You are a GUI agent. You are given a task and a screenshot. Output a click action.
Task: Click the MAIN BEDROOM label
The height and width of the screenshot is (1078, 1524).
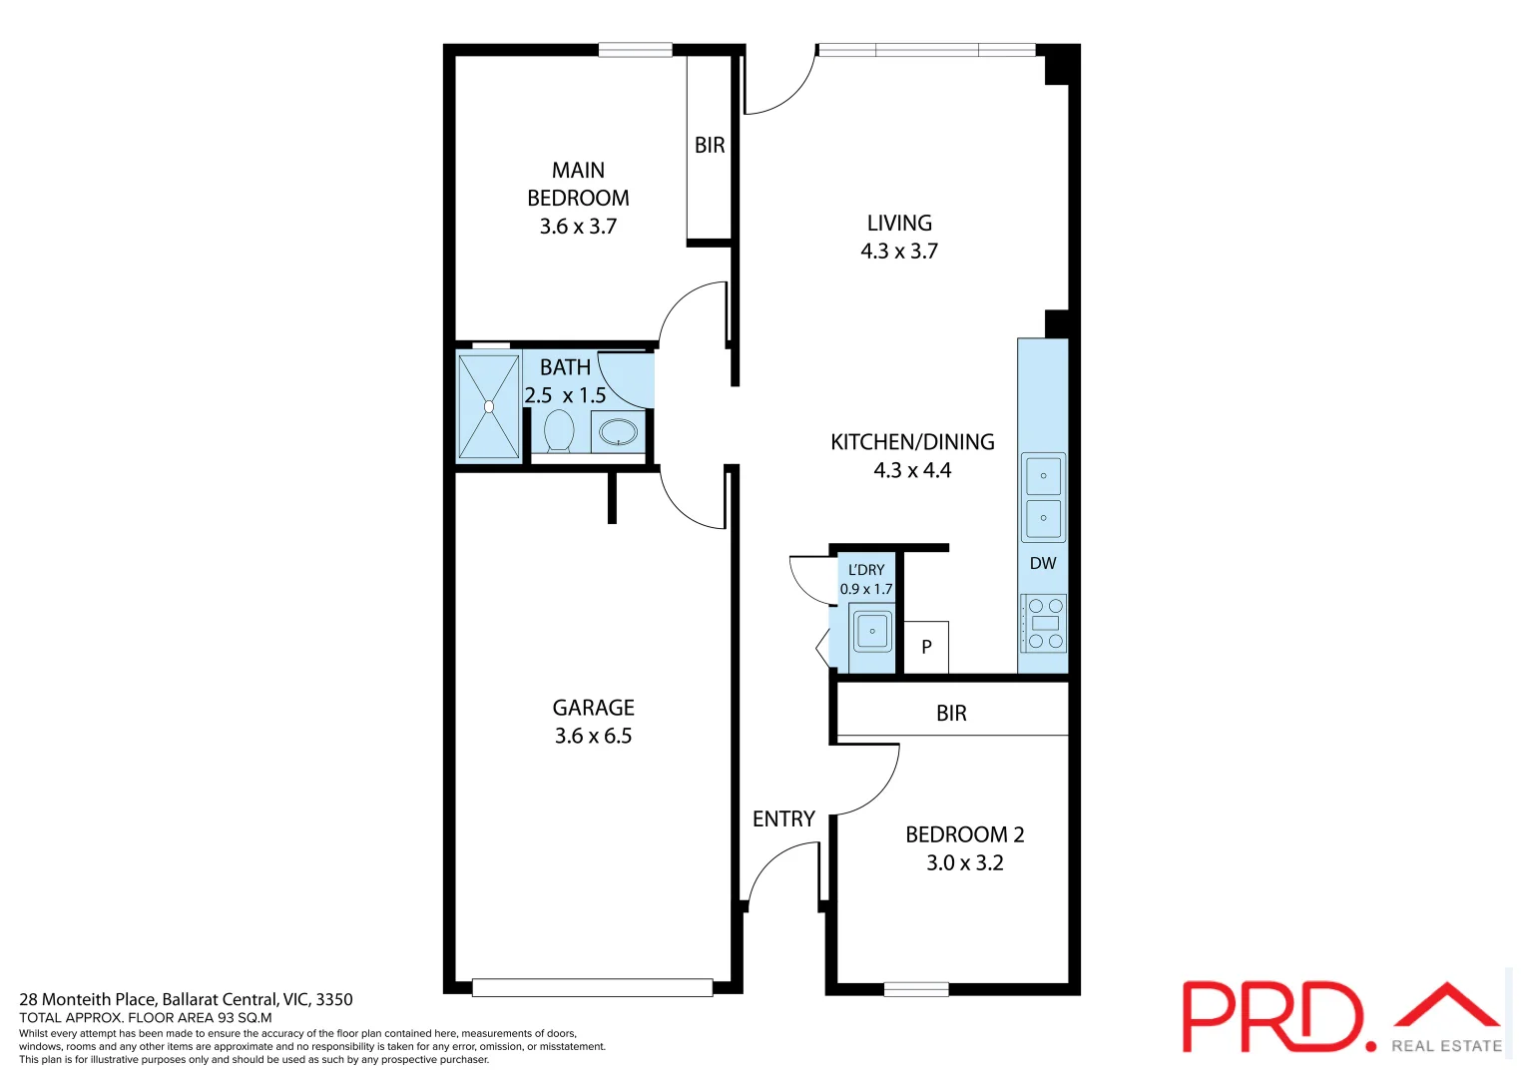578,184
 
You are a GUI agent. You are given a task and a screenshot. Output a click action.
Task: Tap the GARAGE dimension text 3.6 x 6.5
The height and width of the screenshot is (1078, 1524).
593,737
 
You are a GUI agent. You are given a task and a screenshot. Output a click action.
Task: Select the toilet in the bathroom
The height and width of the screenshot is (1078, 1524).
559,431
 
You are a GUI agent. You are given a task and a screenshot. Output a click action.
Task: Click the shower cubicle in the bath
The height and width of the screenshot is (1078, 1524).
488,406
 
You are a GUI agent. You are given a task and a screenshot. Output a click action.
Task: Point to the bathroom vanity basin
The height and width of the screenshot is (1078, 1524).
618,432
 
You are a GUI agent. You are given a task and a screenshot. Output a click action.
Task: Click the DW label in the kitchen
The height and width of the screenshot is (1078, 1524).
1043,563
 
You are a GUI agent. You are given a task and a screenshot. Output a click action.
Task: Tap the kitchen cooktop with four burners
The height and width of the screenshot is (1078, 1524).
1044,624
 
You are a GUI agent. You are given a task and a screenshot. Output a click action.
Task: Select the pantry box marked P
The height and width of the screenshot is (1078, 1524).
926,647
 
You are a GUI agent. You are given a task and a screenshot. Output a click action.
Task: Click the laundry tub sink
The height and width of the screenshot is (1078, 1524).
872,631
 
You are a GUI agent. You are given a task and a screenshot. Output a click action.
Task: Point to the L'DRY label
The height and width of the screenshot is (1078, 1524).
866,570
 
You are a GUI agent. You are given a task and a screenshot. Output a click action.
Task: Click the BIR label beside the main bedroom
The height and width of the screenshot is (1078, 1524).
710,146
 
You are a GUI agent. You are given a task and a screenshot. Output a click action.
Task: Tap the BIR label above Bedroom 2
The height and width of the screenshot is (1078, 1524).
951,714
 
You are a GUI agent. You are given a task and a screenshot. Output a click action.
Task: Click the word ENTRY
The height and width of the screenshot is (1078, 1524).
783,819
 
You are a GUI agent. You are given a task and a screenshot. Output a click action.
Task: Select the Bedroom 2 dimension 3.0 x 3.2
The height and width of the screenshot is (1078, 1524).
964,863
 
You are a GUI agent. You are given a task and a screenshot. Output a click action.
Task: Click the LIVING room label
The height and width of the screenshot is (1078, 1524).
899,224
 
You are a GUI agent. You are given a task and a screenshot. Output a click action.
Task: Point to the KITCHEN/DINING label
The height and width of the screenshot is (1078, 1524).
912,442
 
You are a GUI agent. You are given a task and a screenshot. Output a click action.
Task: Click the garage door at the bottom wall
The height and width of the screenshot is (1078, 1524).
592,988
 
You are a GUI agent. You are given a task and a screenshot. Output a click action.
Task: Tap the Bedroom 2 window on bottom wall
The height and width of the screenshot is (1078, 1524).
915,989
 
